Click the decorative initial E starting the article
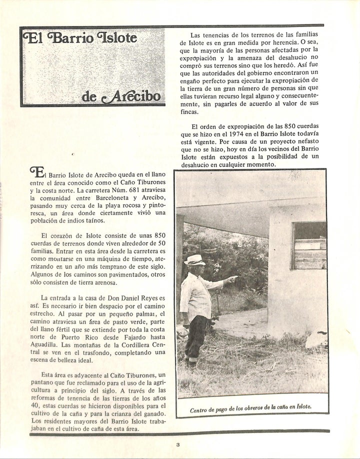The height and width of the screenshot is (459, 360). pos(37,171)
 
